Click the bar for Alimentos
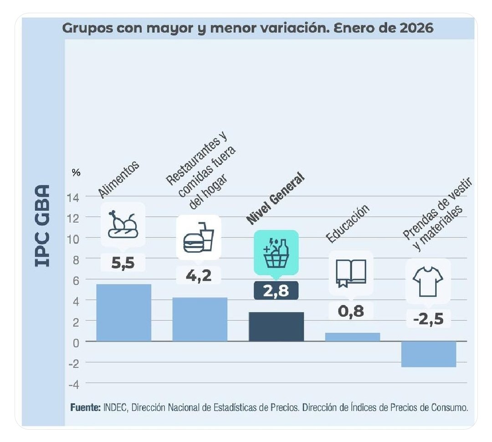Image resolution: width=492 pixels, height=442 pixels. pyautogui.click(x=123, y=312)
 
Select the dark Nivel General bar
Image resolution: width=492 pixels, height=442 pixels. pyautogui.click(x=276, y=326)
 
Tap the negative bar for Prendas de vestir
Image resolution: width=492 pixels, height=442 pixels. pyautogui.click(x=429, y=354)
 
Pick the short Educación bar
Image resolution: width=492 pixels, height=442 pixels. pyautogui.click(x=353, y=337)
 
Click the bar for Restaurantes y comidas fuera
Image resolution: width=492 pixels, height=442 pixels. pyautogui.click(x=200, y=319)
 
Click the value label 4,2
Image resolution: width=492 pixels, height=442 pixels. pyautogui.click(x=198, y=276)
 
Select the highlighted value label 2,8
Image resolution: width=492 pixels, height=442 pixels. pyautogui.click(x=276, y=291)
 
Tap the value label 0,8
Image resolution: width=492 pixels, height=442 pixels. pyautogui.click(x=351, y=311)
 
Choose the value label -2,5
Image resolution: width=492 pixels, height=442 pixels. pyautogui.click(x=428, y=319)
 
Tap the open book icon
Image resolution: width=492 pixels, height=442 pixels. pyautogui.click(x=351, y=273)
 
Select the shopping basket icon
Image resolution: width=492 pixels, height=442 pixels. pyautogui.click(x=276, y=252)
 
